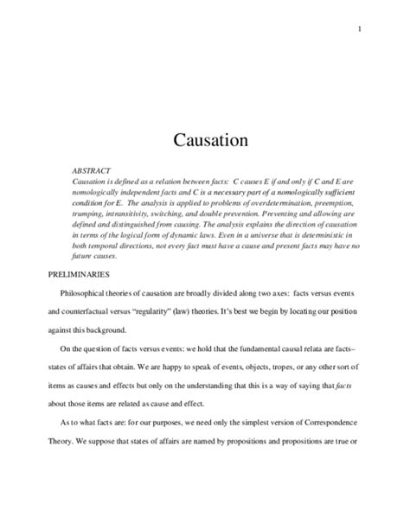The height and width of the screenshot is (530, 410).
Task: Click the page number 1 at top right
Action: (x=358, y=29)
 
